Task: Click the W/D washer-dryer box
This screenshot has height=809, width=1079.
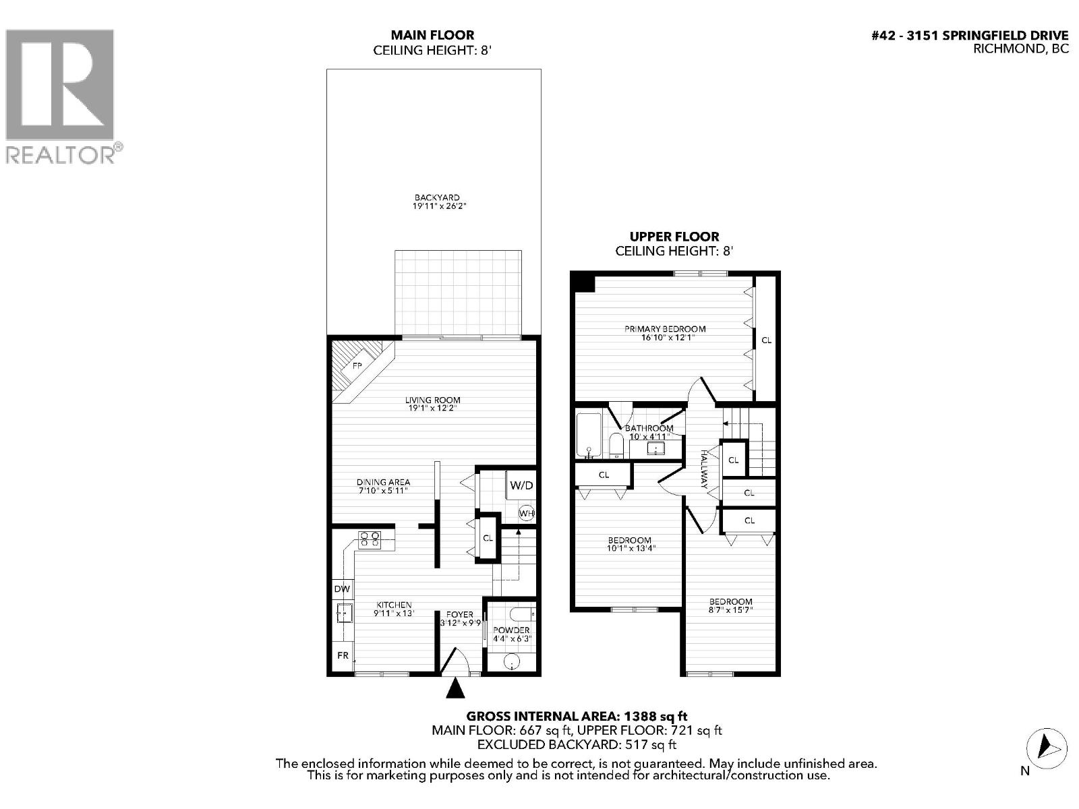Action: coord(521,485)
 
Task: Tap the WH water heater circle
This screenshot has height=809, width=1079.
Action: coord(526,514)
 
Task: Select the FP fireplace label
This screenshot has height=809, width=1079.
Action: coord(357,365)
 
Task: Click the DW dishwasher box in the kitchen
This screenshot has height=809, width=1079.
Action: coord(342,589)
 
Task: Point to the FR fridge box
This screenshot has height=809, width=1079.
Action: coord(343,655)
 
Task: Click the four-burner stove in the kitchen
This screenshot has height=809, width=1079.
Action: coord(370,539)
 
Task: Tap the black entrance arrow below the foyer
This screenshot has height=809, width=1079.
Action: coord(455,688)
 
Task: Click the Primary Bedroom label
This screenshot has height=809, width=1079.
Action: coord(665,329)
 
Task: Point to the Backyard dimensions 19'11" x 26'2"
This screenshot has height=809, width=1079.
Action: coord(439,206)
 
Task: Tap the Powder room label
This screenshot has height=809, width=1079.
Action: coord(511,630)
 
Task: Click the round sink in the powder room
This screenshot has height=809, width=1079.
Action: coord(513,662)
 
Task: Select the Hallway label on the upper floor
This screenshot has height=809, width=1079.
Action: coord(704,469)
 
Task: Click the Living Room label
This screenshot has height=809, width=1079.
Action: coord(432,400)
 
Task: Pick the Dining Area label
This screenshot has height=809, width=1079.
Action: coord(384,482)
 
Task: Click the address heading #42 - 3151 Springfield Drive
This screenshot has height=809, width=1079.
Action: coord(970,35)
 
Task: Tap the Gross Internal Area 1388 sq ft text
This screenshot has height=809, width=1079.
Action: coord(577,716)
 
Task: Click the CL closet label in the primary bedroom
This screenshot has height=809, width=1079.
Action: coord(766,340)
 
